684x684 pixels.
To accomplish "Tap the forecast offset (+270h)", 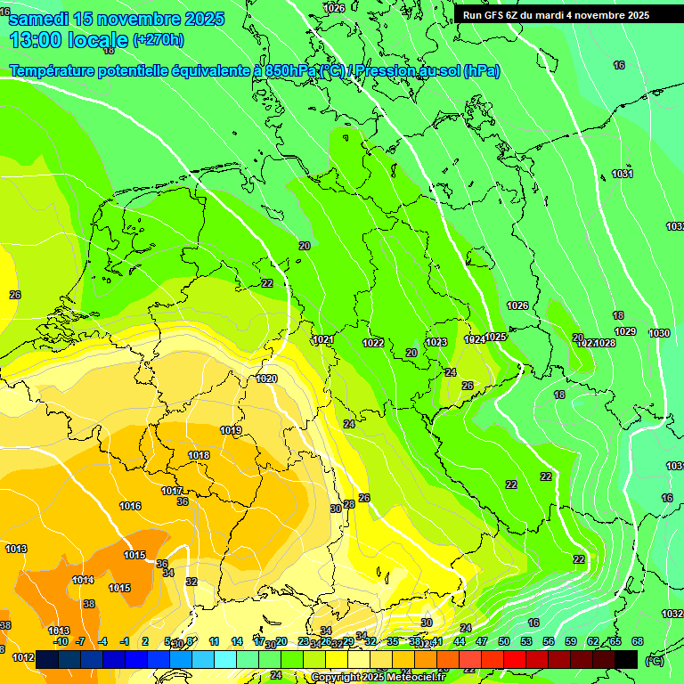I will pyautogui.click(x=159, y=39).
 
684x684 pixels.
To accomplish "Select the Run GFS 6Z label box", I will pyautogui.click(x=556, y=15).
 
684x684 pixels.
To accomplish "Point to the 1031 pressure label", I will pyautogui.click(x=623, y=174).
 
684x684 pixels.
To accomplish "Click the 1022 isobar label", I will pyautogui.click(x=373, y=343).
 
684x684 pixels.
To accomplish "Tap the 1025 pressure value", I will pyautogui.click(x=496, y=337).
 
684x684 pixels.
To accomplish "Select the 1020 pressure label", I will pyautogui.click(x=266, y=379).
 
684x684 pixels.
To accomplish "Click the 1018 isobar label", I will pyautogui.click(x=199, y=455).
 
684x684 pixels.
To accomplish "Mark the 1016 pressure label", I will pyautogui.click(x=130, y=506).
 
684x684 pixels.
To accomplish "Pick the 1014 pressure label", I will pyautogui.click(x=83, y=580).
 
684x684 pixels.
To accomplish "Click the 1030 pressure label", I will pyautogui.click(x=659, y=333).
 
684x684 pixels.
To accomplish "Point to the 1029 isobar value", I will pyautogui.click(x=625, y=331).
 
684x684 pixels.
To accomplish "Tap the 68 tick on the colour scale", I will pyautogui.click(x=638, y=641).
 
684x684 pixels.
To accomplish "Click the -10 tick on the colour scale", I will pyautogui.click(x=61, y=641).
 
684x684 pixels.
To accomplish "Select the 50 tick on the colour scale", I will pyautogui.click(x=504, y=641).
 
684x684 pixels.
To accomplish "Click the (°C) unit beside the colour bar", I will pyautogui.click(x=655, y=660).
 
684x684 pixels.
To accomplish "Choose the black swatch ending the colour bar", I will pyautogui.click(x=626, y=659).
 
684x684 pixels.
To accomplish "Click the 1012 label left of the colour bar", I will pyautogui.click(x=23, y=658).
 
